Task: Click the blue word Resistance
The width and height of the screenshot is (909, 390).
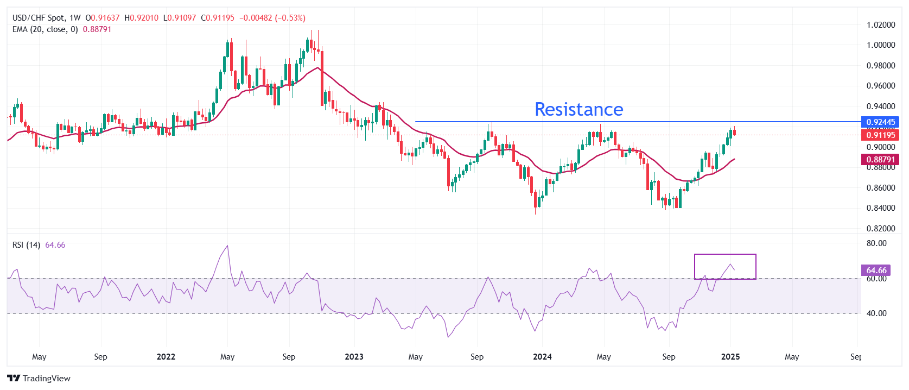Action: click(579, 109)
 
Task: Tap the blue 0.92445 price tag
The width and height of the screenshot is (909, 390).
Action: click(880, 122)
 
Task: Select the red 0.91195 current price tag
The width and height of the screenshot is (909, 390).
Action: click(880, 135)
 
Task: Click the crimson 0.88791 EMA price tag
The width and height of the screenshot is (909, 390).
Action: click(880, 160)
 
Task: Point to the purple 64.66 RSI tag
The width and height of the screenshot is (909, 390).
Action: click(876, 270)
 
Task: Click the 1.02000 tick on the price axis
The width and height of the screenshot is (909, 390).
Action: click(880, 25)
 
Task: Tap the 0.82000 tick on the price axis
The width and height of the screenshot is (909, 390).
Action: click(880, 229)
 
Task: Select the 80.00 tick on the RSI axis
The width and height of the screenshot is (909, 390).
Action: click(876, 243)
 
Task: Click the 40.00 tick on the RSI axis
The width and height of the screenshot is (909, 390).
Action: click(876, 313)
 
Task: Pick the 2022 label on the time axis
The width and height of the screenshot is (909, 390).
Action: click(166, 357)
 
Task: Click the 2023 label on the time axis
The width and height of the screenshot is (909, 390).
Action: click(354, 357)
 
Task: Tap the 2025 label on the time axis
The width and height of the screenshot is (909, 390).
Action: click(730, 357)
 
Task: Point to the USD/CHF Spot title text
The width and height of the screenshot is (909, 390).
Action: click(39, 18)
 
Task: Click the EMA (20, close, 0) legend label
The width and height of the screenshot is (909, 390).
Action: click(45, 29)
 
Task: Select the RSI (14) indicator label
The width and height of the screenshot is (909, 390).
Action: click(26, 245)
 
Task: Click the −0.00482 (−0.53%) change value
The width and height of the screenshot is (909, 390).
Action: click(272, 18)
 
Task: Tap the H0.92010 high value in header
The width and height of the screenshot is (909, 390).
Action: click(142, 18)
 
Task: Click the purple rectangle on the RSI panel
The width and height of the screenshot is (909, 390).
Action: click(725, 266)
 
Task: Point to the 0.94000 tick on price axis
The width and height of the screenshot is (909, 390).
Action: click(880, 106)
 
